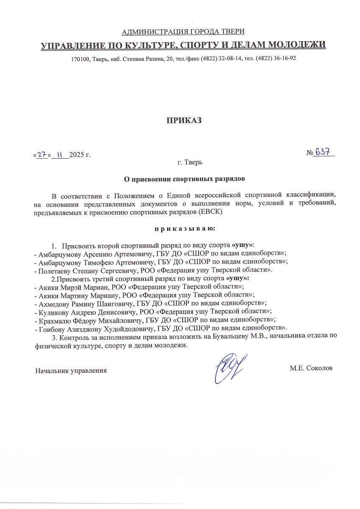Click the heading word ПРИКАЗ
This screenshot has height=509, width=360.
183,120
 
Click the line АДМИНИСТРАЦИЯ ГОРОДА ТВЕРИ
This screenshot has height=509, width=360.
183,32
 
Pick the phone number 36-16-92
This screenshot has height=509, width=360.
282,58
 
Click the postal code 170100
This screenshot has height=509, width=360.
80,58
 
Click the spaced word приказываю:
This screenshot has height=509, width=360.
184,229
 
